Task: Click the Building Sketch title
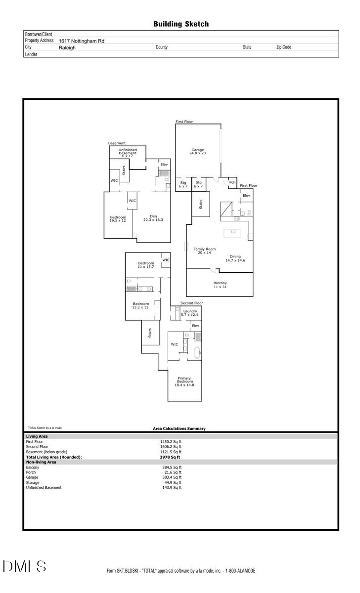180,24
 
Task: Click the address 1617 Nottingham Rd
82,42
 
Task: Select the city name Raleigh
67,48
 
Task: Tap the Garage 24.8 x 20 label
198,152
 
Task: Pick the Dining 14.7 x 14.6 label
235,258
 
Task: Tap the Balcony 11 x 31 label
220,285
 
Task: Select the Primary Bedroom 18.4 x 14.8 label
184,381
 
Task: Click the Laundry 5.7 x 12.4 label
190,313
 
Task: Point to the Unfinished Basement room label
127,153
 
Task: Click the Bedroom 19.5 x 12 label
118,219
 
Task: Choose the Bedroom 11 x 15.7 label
146,265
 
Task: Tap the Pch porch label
231,183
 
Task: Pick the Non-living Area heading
41,462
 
